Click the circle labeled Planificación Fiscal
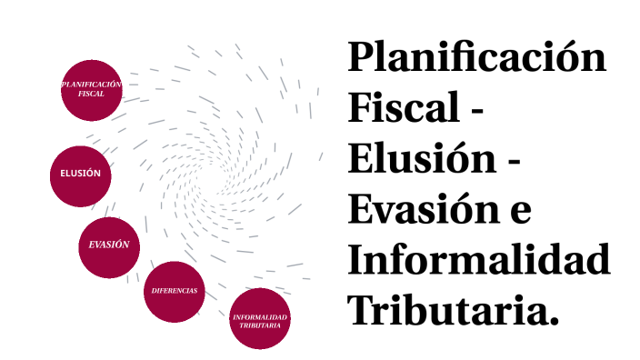pyautogui.click(x=92, y=89)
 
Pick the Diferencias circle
pyautogui.click(x=175, y=291)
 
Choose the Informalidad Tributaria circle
pyautogui.click(x=260, y=318)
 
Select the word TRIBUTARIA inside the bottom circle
pyautogui.click(x=260, y=324)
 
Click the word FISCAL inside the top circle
pyautogui.click(x=92, y=94)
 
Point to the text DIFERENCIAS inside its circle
pyautogui.click(x=175, y=291)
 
